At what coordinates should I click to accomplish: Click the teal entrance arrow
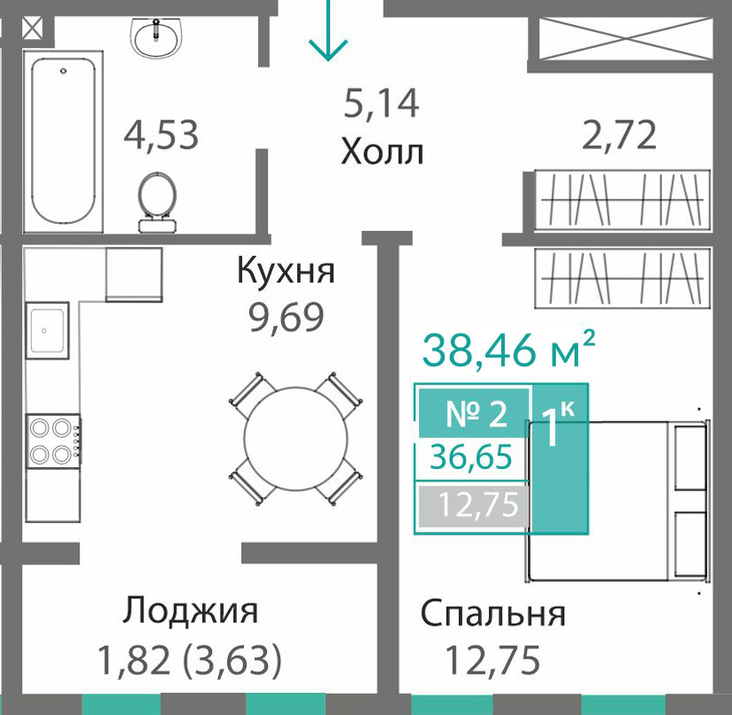[328, 30]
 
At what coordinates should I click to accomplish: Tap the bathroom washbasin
[156, 37]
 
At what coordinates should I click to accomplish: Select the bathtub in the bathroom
[64, 141]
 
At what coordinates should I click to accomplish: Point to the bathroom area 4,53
[161, 135]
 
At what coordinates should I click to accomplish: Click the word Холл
[382, 152]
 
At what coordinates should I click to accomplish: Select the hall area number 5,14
[381, 104]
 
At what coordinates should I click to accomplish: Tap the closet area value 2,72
[620, 135]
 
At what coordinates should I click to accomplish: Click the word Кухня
[286, 270]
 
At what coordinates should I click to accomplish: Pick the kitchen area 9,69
[286, 318]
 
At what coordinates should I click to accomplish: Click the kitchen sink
[47, 330]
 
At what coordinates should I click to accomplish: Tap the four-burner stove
[54, 441]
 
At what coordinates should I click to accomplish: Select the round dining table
[295, 438]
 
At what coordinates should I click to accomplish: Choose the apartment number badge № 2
[475, 413]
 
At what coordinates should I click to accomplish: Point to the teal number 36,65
[471, 457]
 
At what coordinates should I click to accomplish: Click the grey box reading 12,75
[475, 505]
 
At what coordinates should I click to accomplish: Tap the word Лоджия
[190, 611]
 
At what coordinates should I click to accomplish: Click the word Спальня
[493, 612]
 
